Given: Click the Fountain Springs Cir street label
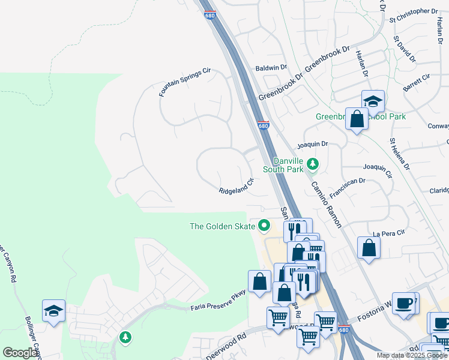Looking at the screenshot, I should [185, 83].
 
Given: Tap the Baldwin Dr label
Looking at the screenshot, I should [271, 68].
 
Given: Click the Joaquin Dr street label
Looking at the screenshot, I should [313, 144].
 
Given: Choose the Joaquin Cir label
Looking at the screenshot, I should [378, 170].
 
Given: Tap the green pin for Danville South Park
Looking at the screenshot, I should [312, 163].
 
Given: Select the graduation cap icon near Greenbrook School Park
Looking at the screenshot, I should [373, 101].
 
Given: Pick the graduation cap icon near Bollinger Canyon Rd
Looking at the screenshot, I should [53, 311].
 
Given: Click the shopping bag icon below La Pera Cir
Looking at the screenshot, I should [369, 247].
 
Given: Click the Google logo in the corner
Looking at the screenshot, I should [20, 353].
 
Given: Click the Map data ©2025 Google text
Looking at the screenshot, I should [412, 355].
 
